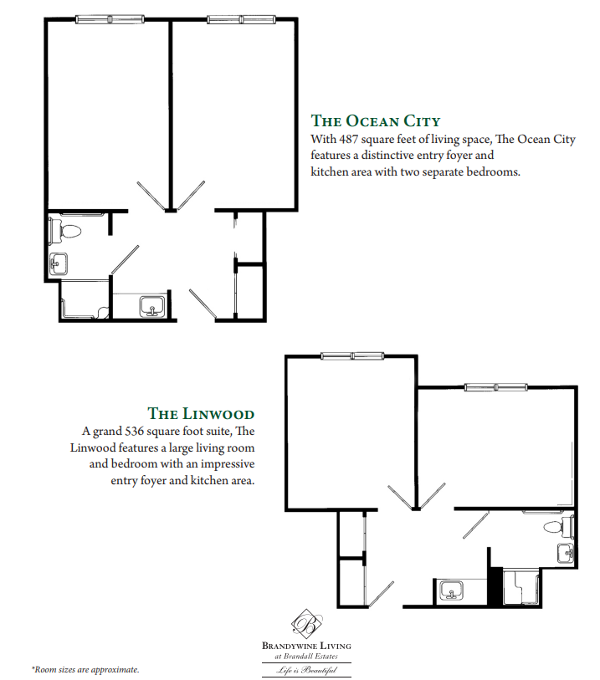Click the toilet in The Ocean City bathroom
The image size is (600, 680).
point(65,231)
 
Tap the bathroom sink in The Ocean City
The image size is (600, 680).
point(59,263)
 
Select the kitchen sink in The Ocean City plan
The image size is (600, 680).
point(151,306)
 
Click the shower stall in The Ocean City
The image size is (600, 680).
point(85,300)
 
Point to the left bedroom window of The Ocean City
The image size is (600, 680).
point(110,19)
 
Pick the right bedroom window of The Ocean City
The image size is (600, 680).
point(241,19)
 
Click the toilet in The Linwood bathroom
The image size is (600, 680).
point(559,526)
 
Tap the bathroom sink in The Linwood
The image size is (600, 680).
point(567,554)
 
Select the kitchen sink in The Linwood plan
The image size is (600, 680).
point(452,591)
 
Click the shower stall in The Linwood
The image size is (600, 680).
point(522,586)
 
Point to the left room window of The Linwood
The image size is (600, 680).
point(352,356)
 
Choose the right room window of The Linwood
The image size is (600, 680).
point(496,386)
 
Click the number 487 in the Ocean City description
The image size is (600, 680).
point(347,140)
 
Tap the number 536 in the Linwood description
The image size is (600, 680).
point(134,432)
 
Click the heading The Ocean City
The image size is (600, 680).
point(376,120)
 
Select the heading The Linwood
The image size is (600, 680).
point(201,413)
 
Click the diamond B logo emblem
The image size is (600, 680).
point(307,624)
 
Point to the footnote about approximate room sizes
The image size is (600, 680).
point(85,670)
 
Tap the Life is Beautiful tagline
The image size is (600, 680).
point(307,671)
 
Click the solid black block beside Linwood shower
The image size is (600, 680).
point(495,585)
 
